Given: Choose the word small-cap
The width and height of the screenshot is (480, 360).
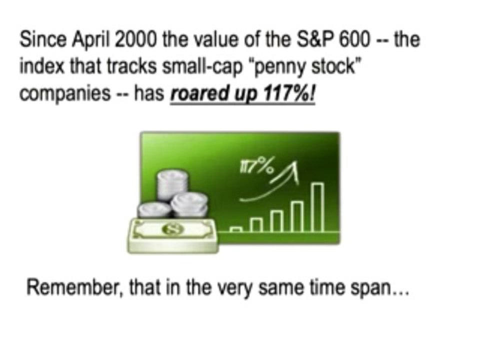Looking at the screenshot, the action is (202, 67).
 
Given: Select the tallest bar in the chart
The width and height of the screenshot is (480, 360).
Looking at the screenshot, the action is (318, 207).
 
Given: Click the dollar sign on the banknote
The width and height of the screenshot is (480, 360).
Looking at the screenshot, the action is (173, 229).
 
